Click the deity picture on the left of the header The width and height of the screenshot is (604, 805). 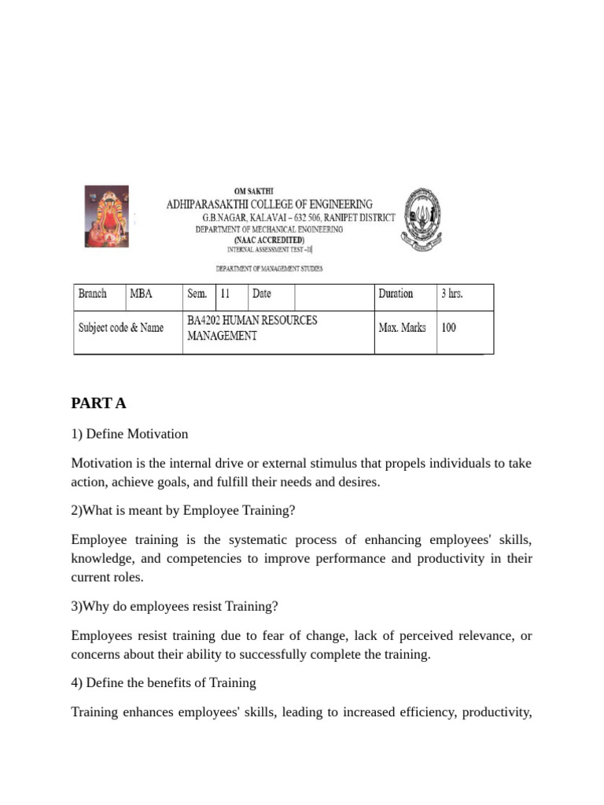106,216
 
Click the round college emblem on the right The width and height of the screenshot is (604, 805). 422,219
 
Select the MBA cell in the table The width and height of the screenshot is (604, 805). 142,294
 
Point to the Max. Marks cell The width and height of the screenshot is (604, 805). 402,327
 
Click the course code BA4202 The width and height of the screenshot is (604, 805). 205,321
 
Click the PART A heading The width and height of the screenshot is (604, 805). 98,403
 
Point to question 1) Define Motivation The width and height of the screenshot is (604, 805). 130,434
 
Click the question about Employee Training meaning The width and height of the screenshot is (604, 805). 183,510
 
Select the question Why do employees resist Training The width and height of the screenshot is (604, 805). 175,606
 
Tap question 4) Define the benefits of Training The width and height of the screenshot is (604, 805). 164,682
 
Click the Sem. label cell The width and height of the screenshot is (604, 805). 197,294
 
